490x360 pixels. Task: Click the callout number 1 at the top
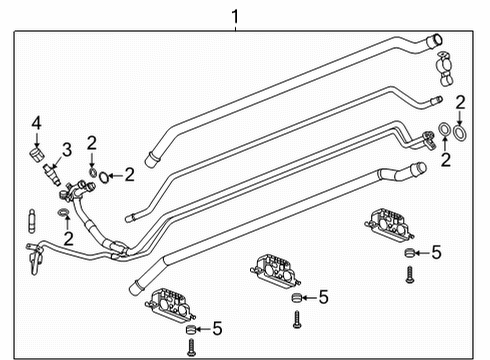tap(235, 15)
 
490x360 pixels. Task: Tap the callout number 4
tap(35, 123)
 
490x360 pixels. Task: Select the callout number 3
tap(67, 150)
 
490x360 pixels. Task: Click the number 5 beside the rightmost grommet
tap(436, 254)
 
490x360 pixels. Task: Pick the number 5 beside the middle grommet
tap(322, 297)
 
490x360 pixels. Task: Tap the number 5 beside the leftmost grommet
tap(218, 328)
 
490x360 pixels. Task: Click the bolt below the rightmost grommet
tap(410, 275)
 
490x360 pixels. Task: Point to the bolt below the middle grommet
tap(296, 320)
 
